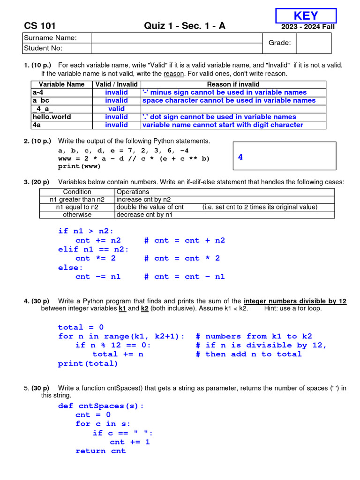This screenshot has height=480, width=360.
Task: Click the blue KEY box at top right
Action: click(x=306, y=15)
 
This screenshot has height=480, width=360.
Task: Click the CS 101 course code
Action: click(x=39, y=26)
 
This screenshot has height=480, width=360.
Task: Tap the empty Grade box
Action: click(x=314, y=43)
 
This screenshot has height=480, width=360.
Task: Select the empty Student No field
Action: click(x=176, y=48)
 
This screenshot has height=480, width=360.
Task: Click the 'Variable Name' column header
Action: click(x=61, y=84)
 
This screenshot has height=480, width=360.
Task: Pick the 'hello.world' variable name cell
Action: click(x=52, y=117)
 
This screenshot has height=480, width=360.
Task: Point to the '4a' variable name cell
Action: click(x=37, y=125)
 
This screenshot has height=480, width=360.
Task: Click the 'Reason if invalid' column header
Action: click(x=233, y=84)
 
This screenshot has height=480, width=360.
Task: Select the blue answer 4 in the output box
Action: click(x=240, y=157)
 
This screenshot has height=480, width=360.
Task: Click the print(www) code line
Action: click(x=79, y=166)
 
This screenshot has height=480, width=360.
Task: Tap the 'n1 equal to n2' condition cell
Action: click(x=77, y=207)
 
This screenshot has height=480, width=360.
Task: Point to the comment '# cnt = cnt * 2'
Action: click(x=182, y=258)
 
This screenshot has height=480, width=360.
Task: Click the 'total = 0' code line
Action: click(x=81, y=327)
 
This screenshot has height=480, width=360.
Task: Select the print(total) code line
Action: click(x=88, y=363)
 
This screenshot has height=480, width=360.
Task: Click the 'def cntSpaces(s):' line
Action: click(x=101, y=406)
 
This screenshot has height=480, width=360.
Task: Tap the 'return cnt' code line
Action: click(x=100, y=451)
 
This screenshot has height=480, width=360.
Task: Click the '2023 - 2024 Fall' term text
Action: click(x=307, y=27)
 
